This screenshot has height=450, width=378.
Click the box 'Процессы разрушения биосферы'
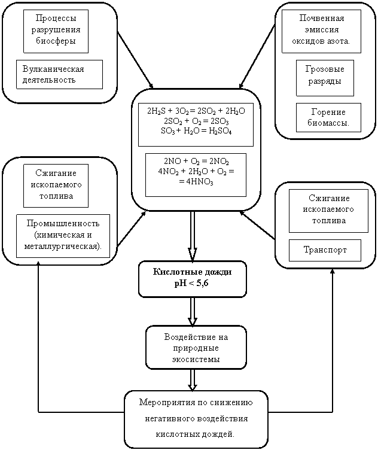[56, 31]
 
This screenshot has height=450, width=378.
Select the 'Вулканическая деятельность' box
[59, 74]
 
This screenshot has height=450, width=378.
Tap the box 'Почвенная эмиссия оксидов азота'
[321, 31]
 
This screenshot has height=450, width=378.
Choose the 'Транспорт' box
[325, 250]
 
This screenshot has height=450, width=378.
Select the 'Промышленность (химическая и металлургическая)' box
[63, 236]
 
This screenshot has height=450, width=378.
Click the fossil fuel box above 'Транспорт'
[325, 211]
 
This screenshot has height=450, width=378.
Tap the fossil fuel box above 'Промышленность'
[56, 186]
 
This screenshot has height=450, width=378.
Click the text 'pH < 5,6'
[192, 282]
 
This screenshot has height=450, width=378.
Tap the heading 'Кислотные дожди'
[192, 272]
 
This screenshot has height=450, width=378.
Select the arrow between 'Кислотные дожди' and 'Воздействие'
[193, 311]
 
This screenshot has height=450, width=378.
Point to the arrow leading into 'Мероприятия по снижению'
[193, 379]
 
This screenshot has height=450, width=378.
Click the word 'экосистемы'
[196, 360]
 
